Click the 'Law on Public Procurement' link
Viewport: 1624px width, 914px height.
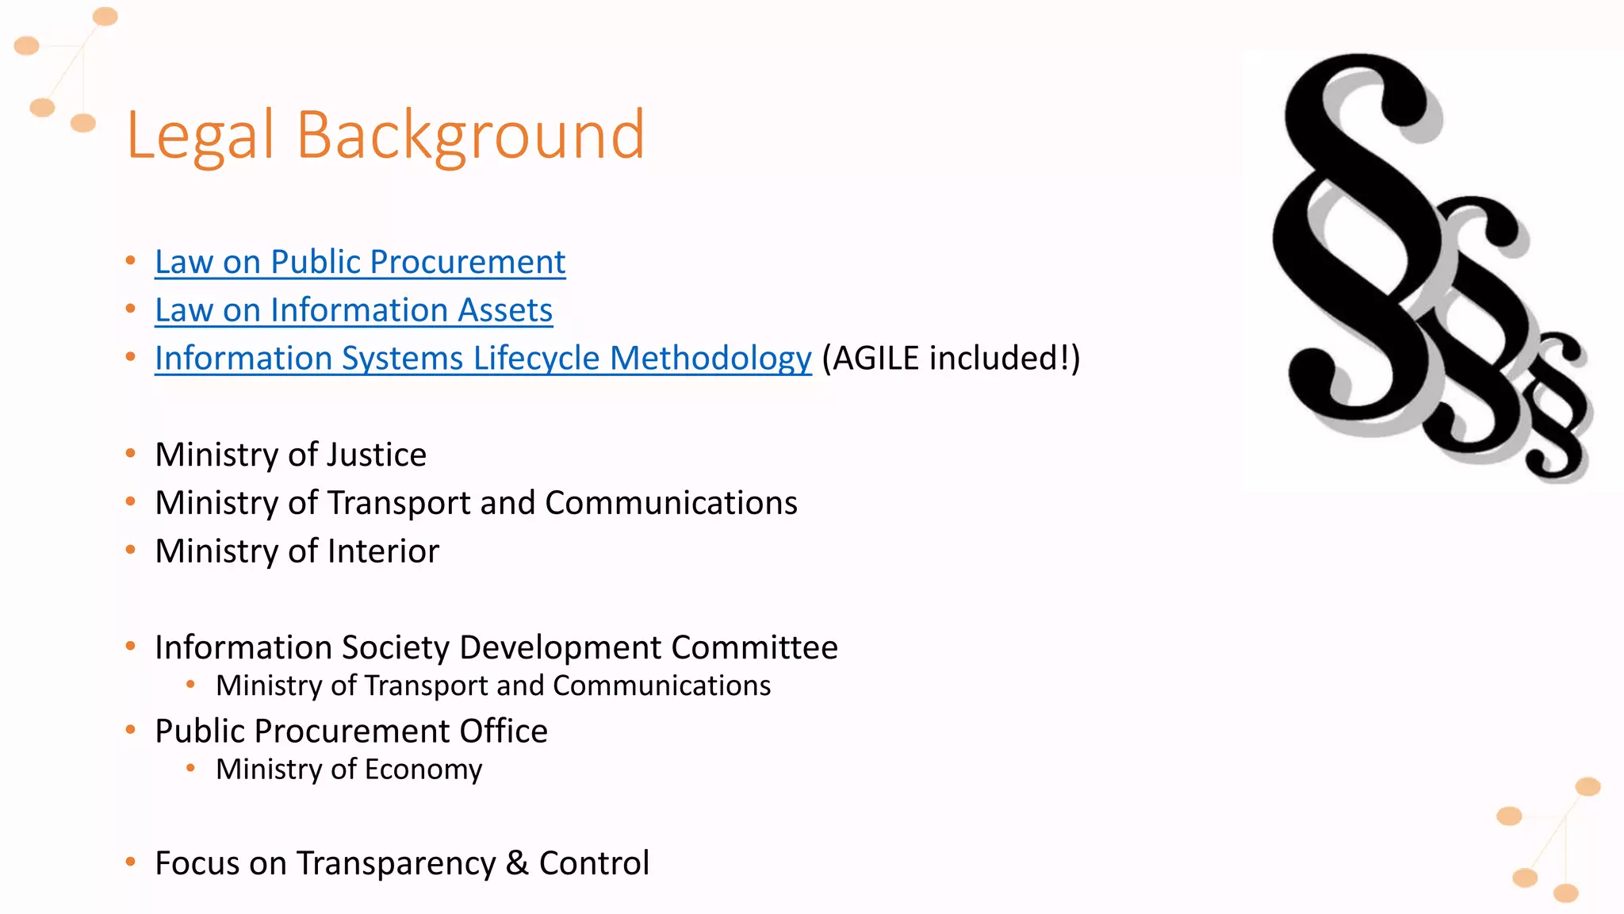pyautogui.click(x=360, y=263)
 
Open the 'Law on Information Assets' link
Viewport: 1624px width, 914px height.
pyautogui.click(x=354, y=310)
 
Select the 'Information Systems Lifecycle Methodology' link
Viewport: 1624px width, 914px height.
pyautogui.click(x=483, y=359)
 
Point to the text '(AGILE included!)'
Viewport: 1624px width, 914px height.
pyautogui.click(x=951, y=359)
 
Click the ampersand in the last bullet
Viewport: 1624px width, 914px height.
pyautogui.click(x=517, y=863)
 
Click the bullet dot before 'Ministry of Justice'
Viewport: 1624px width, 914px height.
pyautogui.click(x=131, y=454)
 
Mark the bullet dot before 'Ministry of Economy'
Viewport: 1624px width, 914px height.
pyautogui.click(x=190, y=767)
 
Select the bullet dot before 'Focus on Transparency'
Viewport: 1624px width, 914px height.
pyautogui.click(x=131, y=862)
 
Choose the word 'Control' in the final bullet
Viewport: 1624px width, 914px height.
pyautogui.click(x=594, y=863)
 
